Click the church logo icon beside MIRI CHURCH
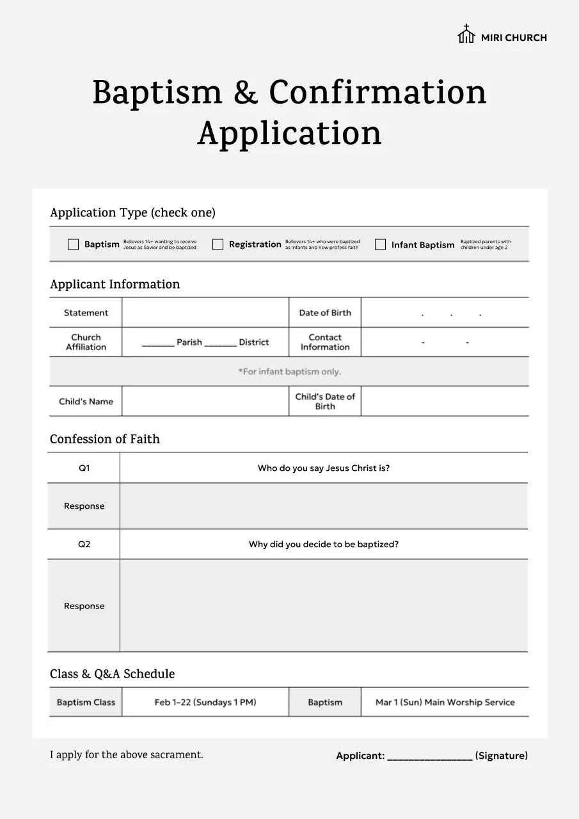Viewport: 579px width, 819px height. click(x=466, y=35)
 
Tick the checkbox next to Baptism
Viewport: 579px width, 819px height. click(x=74, y=244)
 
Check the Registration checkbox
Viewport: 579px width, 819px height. click(x=218, y=244)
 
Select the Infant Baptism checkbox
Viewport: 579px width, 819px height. click(x=381, y=244)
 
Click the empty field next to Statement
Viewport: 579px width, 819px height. click(x=205, y=313)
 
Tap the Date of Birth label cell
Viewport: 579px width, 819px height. click(x=325, y=313)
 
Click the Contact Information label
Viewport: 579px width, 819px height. click(x=325, y=342)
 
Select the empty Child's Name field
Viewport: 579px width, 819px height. click(x=205, y=402)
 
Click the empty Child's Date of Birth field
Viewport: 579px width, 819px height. click(x=445, y=402)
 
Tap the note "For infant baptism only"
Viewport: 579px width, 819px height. click(x=289, y=372)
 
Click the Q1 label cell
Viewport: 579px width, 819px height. click(x=84, y=468)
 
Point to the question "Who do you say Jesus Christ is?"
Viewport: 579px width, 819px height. click(x=324, y=468)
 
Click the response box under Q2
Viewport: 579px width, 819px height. click(x=324, y=606)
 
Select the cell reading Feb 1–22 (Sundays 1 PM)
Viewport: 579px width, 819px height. click(x=205, y=703)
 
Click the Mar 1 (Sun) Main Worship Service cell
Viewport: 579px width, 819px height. click(x=445, y=703)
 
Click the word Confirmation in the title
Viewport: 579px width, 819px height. click(x=377, y=93)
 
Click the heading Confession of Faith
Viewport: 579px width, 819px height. click(x=105, y=439)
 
